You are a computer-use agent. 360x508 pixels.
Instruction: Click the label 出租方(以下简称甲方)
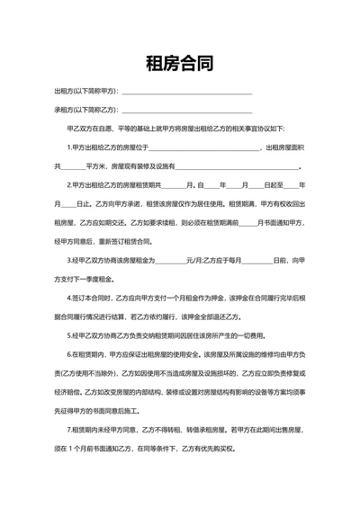coord(86,92)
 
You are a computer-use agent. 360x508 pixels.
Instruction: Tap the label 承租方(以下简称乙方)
coord(86,110)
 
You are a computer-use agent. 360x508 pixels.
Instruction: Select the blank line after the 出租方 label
coord(186,93)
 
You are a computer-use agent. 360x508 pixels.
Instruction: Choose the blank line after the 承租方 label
coord(186,111)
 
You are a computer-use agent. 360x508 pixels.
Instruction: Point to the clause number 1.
coord(69,147)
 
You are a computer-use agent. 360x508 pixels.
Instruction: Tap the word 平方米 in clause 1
coord(96,166)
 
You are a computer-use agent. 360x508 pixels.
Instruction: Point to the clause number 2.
coord(69,185)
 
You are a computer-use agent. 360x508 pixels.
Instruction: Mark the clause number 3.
coord(69,260)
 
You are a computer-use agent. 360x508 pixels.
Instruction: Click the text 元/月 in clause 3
coord(193,260)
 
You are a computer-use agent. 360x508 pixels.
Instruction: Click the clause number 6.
coord(69,354)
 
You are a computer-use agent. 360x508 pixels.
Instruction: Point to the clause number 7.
coord(69,429)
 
